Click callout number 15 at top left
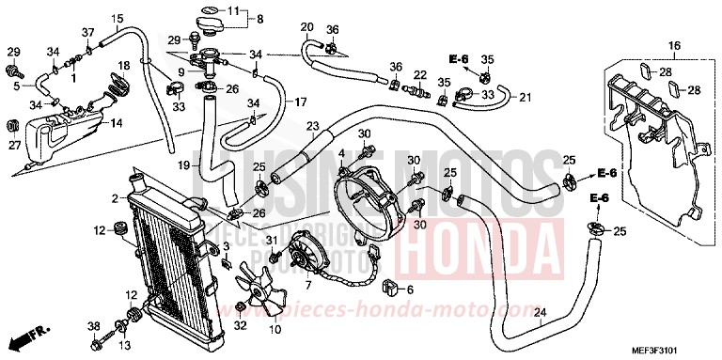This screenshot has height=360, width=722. pos(117,19)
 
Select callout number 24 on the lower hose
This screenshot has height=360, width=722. pos(540,313)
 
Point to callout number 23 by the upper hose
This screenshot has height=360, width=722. pos(311,125)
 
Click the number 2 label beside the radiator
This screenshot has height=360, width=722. pos(114,198)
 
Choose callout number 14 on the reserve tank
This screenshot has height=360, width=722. pos(117,123)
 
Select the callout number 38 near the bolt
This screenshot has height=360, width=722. pos(93,325)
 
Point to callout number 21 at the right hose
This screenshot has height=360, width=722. pos(525,98)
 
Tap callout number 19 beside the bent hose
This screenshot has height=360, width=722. pos(186,165)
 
